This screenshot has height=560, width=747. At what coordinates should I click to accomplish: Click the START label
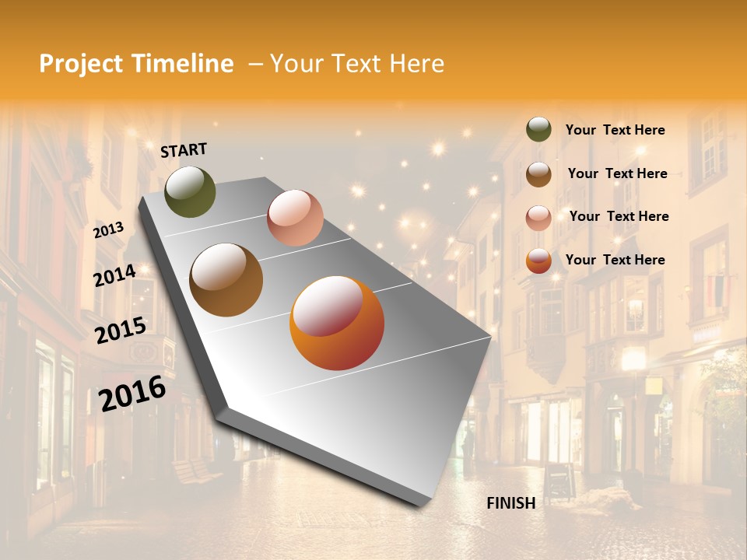tap(184, 150)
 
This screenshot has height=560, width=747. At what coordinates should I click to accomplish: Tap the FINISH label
tap(511, 503)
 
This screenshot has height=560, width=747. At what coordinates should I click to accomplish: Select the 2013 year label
tap(109, 229)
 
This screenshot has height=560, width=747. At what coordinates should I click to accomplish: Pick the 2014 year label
tap(115, 275)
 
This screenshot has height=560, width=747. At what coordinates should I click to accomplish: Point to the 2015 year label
tap(121, 331)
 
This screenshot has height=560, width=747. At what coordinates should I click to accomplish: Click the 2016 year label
tap(132, 393)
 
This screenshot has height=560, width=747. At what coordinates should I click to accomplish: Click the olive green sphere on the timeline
tap(190, 192)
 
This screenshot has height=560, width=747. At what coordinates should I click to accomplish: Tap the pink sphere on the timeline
tap(295, 218)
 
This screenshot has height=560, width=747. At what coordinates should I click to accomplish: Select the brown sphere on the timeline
tap(226, 280)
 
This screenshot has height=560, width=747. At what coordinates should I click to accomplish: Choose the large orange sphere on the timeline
tap(337, 323)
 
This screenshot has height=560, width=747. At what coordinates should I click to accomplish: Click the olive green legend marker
tap(538, 130)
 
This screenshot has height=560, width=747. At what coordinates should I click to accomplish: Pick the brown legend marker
tap(538, 174)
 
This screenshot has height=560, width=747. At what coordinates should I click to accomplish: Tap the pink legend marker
tap(538, 218)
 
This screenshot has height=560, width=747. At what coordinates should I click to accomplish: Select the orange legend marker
tap(538, 261)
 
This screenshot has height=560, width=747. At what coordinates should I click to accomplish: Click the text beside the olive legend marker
tap(615, 131)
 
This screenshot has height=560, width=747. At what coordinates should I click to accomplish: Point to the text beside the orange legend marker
tap(615, 260)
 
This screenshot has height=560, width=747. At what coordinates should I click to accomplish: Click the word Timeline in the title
tap(183, 64)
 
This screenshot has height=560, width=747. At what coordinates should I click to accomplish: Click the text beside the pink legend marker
tap(619, 216)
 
